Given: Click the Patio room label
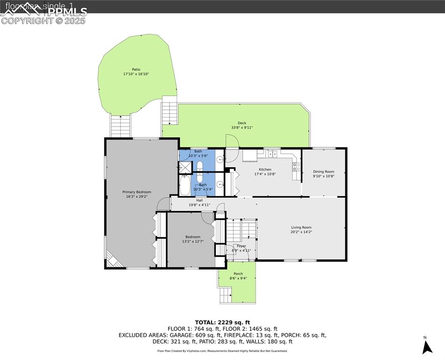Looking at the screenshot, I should (x=136, y=69).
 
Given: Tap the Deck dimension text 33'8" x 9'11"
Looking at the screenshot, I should (x=242, y=127).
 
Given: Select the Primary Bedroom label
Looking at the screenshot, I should (x=137, y=192).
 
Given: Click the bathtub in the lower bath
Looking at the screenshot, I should (x=185, y=186).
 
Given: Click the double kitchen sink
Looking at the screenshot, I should (x=272, y=154).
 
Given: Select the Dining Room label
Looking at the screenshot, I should (x=324, y=172).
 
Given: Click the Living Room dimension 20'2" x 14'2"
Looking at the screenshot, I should (x=301, y=232).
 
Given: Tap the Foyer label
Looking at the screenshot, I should (x=241, y=246).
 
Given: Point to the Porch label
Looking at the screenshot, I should (x=238, y=274).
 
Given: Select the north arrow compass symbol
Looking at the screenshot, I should (x=426, y=346).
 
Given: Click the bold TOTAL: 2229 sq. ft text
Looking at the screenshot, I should (x=222, y=322).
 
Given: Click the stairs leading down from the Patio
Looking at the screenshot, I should (x=119, y=125).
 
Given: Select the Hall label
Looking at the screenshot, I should (x=193, y=200).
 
